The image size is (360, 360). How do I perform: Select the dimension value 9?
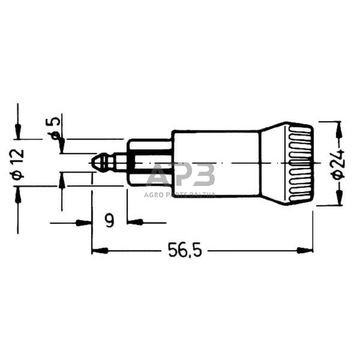coord(109,221)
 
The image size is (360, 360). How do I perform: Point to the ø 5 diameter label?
coord(55,129)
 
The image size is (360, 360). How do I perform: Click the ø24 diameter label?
coord(338,163)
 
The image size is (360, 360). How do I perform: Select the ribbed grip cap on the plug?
coord(300,163)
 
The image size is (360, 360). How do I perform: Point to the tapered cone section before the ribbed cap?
coord(273,163)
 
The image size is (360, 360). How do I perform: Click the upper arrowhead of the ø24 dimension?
coord(338,128)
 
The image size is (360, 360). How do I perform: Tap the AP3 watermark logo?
coord(181,175)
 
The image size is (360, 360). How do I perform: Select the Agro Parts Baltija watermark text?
coord(180,194)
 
